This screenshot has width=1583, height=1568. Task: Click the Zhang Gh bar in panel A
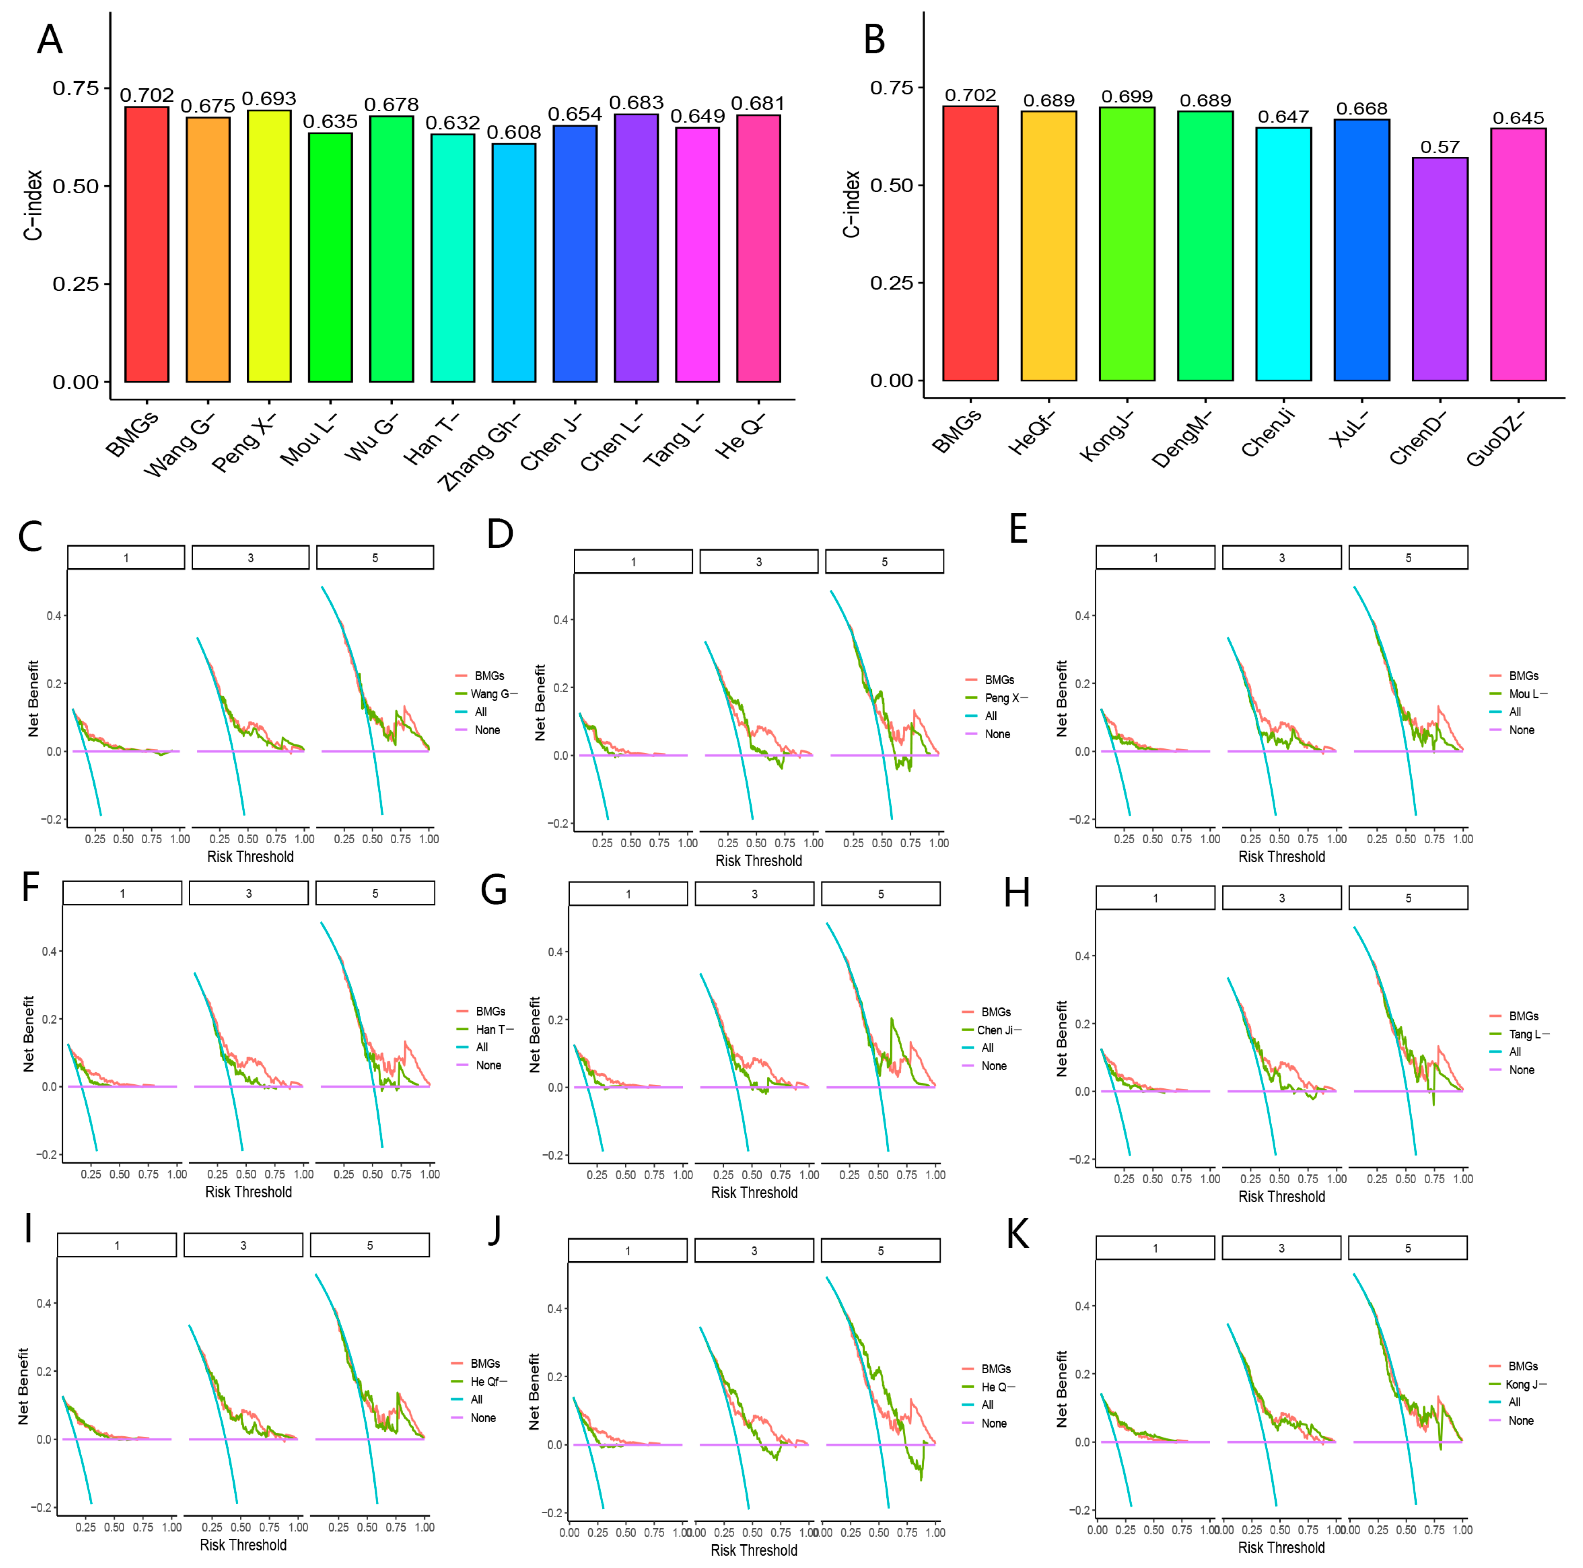(514, 262)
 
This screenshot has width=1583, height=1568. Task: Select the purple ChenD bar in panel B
(1440, 269)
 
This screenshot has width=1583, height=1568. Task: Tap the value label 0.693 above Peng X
(269, 99)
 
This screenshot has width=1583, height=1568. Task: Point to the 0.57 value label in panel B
(1440, 147)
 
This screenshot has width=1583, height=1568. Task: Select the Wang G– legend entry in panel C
(494, 693)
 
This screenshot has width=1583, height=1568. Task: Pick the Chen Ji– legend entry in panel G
(999, 1030)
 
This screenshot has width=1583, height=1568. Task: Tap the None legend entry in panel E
(1521, 729)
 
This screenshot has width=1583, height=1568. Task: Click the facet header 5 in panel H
(1408, 898)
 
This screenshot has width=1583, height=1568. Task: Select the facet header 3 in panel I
(243, 1245)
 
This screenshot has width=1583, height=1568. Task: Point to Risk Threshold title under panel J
(754, 1550)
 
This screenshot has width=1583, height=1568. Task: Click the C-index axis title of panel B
(852, 204)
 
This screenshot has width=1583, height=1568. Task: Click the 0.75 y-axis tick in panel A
(75, 88)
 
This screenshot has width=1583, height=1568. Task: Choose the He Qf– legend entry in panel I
(488, 1381)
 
